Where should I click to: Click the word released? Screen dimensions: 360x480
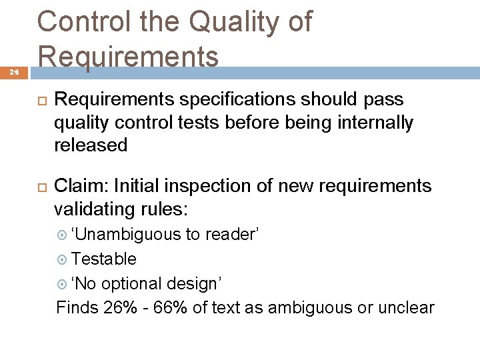tap(91, 146)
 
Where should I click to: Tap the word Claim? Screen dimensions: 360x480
tap(79, 186)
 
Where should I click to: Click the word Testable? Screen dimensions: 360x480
tap(104, 259)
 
